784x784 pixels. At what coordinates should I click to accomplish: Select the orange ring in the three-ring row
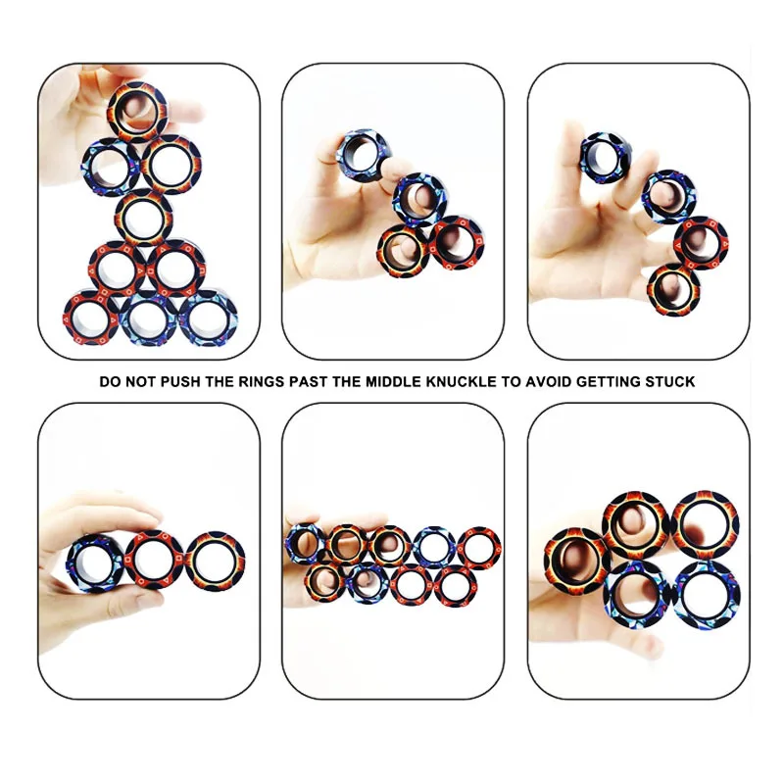216,561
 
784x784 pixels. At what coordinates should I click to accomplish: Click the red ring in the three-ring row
155,561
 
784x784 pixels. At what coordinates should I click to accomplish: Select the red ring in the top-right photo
701,241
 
